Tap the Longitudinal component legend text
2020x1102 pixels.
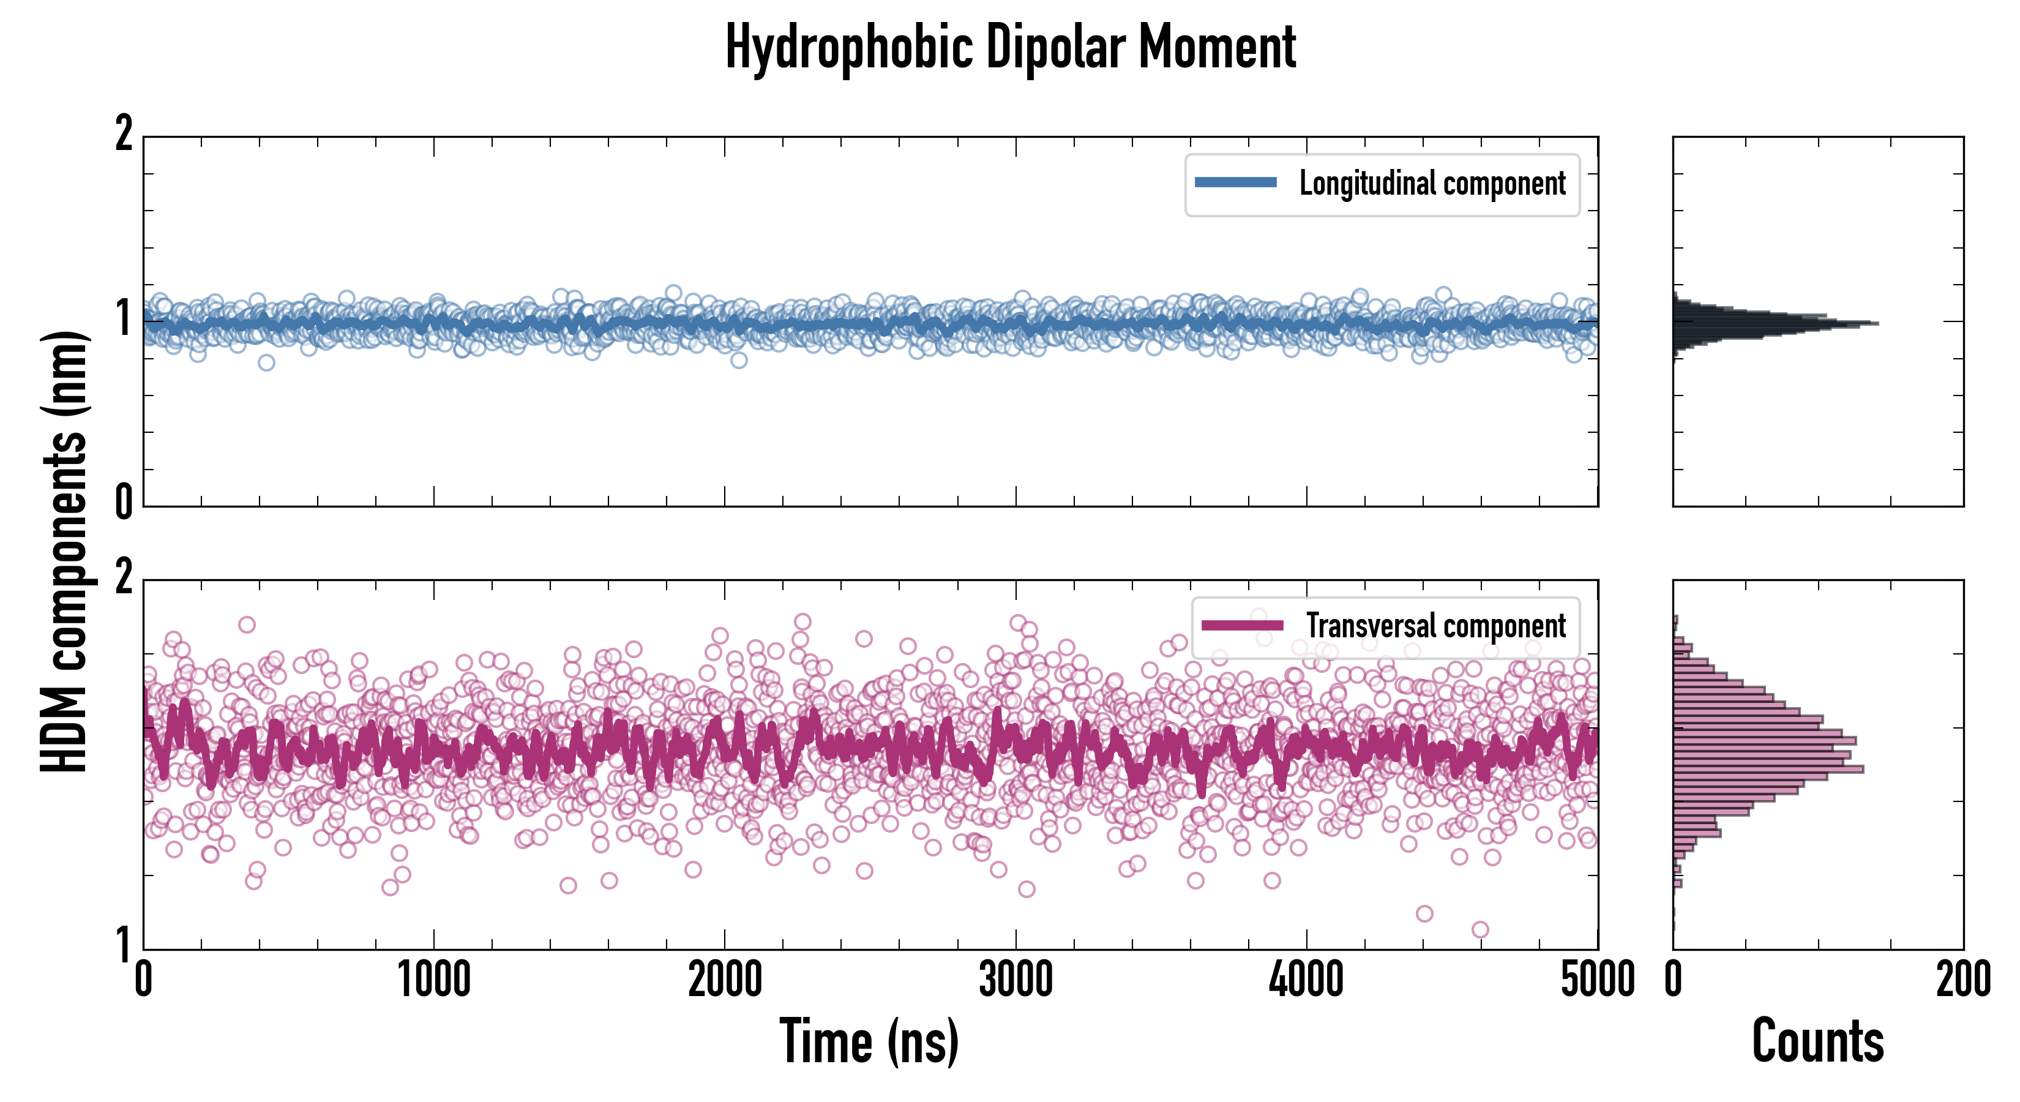pos(1432,184)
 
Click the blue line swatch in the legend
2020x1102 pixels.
pos(1235,183)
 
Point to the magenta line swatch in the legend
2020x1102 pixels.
pos(1241,625)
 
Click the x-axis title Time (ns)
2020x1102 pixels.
pos(869,1041)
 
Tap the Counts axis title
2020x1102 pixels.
pos(1817,1041)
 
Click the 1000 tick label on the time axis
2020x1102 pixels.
pos(433,980)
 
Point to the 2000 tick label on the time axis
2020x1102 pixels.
pos(725,980)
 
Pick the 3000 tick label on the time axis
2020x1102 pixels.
pos(1016,980)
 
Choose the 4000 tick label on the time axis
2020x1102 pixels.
pos(1306,980)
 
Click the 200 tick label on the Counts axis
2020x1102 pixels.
pos(1962,980)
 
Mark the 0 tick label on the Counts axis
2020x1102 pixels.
pos(1674,980)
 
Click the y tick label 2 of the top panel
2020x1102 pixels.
pos(124,133)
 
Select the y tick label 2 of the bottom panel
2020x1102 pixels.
pos(124,577)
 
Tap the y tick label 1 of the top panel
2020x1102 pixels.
pos(124,318)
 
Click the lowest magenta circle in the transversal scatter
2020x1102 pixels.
pos(1479,929)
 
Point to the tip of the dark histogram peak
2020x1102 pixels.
pos(1877,323)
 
